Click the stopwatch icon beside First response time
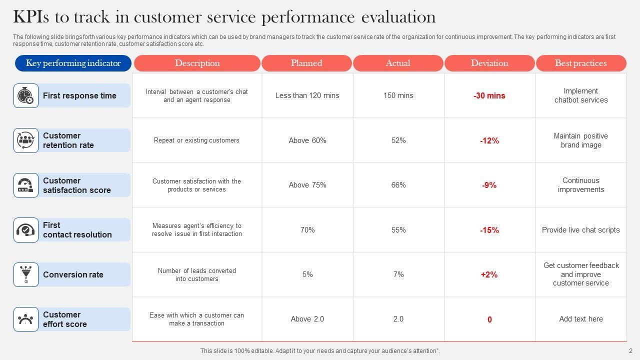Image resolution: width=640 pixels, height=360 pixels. tap(25, 95)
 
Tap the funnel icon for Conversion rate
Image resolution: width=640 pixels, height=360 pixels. tap(25, 274)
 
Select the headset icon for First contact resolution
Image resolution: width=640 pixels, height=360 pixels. tap(25, 230)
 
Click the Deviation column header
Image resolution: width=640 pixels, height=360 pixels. tap(489, 63)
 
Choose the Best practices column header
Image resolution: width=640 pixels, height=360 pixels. tap(580, 63)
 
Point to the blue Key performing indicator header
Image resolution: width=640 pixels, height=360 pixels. tap(73, 63)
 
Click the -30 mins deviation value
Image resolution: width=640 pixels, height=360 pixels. tap(489, 96)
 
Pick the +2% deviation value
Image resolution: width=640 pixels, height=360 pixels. tap(489, 275)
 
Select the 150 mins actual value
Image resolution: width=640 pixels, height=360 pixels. tap(398, 95)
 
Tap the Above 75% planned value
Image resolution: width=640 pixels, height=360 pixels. tap(307, 185)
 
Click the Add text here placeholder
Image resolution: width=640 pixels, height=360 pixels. tap(581, 319)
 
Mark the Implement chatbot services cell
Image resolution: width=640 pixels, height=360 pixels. tap(581, 95)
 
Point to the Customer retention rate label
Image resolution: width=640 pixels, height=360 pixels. tap(68, 140)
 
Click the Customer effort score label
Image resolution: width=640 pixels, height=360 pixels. tap(65, 319)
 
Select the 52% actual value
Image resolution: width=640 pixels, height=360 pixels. tap(398, 140)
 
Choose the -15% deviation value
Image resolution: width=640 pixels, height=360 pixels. tap(489, 230)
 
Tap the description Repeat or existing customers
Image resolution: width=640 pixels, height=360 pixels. tap(196, 140)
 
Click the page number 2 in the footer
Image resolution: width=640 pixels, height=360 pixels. tap(630, 351)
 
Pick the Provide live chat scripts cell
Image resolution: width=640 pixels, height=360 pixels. tap(581, 230)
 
